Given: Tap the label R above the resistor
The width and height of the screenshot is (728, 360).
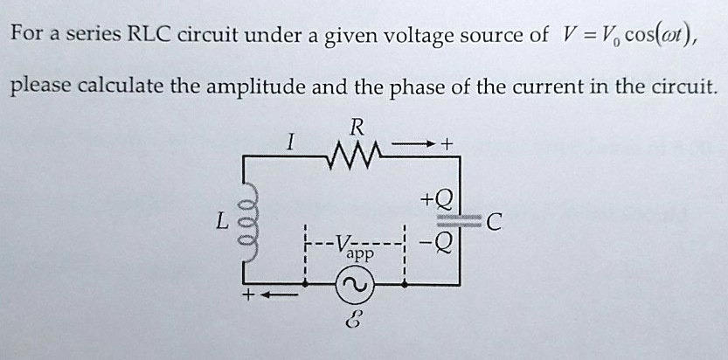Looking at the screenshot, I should (355, 128).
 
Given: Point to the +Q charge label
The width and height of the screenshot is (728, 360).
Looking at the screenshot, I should (436, 199).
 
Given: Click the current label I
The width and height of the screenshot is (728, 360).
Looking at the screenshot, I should (288, 140).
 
